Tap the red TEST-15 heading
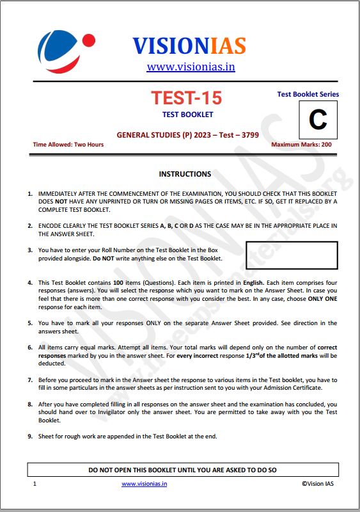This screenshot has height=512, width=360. pyautogui.click(x=186, y=98)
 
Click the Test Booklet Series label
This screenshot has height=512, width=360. pyautogui.click(x=308, y=94)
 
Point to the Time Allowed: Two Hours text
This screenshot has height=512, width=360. pyautogui.click(x=68, y=145)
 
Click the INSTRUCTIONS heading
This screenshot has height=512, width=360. pyautogui.click(x=185, y=173)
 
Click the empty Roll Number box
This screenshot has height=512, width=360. pyautogui.click(x=292, y=254)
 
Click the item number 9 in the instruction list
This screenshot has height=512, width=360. pyautogui.click(x=30, y=436)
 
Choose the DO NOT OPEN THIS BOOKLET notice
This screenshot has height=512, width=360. pyautogui.click(x=182, y=470)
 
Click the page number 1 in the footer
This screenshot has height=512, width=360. pyautogui.click(x=35, y=484)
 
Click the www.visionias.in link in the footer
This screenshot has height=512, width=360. pyautogui.click(x=144, y=484)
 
